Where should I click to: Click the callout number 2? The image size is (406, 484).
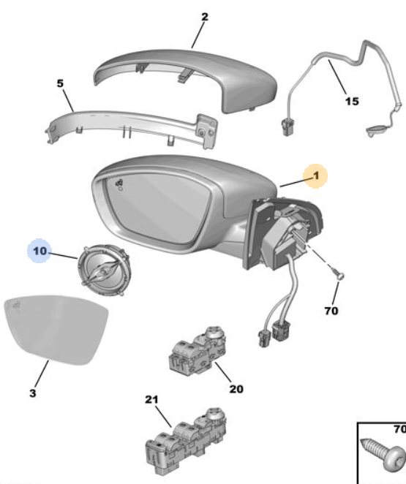(204, 17)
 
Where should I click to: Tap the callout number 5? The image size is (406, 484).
(60, 83)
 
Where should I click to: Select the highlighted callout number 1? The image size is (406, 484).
(316, 175)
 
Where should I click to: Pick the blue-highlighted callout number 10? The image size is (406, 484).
(40, 251)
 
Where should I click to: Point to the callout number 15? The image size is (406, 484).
(352, 101)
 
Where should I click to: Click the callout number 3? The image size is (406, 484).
(33, 393)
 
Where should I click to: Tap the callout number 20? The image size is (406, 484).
(236, 389)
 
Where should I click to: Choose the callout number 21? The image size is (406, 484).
(151, 399)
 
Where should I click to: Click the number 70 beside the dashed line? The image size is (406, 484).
(331, 311)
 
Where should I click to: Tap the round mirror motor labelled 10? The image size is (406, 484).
(105, 271)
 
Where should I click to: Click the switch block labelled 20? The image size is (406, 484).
(198, 351)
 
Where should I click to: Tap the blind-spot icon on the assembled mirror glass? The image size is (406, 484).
(119, 184)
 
